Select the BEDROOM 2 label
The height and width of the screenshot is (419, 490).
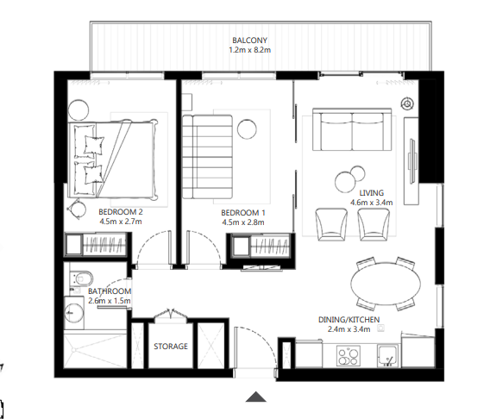click(120, 212)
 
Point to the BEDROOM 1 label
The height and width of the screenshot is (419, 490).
click(243, 212)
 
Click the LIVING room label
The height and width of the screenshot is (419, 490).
click(372, 193)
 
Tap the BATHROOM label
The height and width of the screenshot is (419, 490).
click(110, 291)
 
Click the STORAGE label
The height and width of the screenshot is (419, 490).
click(171, 347)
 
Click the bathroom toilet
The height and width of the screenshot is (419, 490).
click(82, 280)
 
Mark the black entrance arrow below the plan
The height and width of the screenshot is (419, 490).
click(255, 397)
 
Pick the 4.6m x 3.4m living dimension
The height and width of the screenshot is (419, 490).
click(372, 203)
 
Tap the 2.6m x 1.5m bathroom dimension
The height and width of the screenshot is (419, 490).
click(110, 301)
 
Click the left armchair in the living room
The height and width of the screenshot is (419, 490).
click(332, 223)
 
